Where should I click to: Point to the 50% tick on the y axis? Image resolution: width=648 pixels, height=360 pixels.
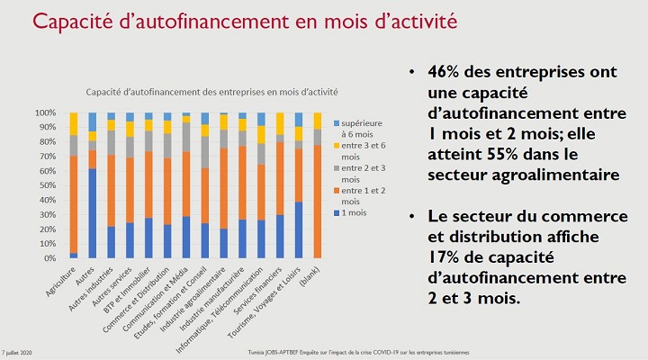pos(52,185)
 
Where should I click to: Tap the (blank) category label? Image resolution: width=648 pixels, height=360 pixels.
pos(310,275)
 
